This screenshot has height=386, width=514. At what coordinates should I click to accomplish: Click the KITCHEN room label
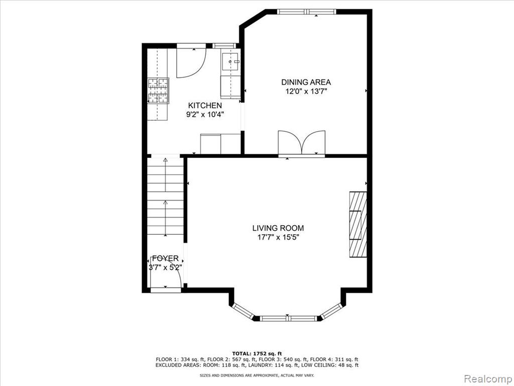205,106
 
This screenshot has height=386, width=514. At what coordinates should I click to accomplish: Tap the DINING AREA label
306,82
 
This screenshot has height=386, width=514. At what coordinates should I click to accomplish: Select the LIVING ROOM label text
278,228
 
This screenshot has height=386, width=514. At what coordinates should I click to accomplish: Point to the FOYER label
166,258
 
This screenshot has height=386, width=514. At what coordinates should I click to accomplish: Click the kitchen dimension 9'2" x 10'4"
205,115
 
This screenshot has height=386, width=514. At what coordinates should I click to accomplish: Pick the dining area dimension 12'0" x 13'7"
306,91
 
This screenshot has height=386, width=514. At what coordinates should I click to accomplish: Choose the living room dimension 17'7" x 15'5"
278,237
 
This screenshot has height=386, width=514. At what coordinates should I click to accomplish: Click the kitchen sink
231,62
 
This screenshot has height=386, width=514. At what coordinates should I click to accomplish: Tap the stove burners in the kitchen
158,90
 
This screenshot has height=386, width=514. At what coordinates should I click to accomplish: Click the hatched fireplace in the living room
357,224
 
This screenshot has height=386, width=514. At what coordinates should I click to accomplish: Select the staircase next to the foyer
165,197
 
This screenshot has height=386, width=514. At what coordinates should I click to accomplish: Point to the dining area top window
307,12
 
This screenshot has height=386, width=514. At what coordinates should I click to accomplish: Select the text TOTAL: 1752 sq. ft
257,353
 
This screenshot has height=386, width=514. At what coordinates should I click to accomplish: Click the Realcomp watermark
487,378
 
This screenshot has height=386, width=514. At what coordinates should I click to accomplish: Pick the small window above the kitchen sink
224,46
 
